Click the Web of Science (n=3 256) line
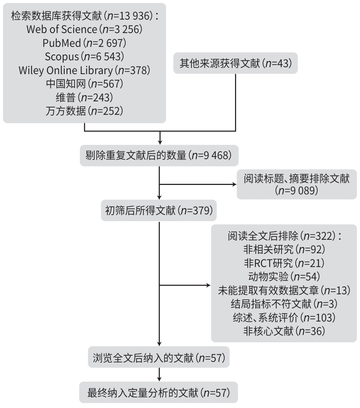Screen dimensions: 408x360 click(84, 29)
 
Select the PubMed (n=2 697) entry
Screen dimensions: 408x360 click(84, 43)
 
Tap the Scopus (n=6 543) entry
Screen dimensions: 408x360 click(84, 56)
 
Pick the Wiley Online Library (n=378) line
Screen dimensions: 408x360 click(84, 70)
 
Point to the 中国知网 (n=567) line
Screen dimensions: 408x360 click(84, 84)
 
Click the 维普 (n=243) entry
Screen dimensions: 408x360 click(84, 97)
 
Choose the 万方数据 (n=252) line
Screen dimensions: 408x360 click(84, 110)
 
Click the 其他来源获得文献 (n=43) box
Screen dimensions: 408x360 click(235, 63)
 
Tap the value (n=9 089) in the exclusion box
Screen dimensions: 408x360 click(296, 191)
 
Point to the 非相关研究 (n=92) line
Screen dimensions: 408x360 click(284, 249)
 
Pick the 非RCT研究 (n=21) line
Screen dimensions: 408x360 click(284, 263)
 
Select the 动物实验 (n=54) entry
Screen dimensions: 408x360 click(284, 276)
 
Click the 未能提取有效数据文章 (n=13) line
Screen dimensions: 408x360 click(284, 290)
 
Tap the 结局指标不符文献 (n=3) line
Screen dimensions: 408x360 click(284, 304)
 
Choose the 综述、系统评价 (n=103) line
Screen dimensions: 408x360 click(284, 317)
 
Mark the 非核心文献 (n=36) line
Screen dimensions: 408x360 click(284, 331)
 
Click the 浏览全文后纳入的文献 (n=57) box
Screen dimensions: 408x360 click(159, 358)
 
